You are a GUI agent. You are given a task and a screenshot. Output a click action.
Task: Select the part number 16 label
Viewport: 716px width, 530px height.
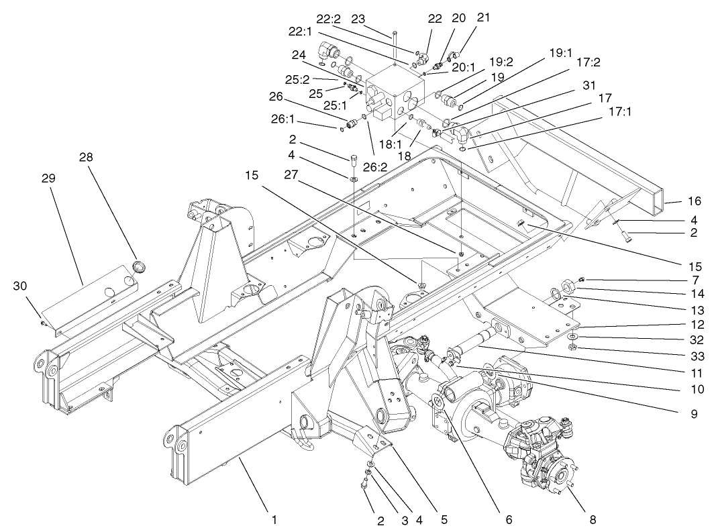[693, 201]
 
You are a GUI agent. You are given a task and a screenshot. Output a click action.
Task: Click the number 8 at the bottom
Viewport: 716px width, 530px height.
[591, 519]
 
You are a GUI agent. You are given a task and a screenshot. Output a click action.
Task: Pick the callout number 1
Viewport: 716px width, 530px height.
[274, 519]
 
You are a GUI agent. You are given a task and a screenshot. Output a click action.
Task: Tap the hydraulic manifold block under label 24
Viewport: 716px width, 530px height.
[396, 94]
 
